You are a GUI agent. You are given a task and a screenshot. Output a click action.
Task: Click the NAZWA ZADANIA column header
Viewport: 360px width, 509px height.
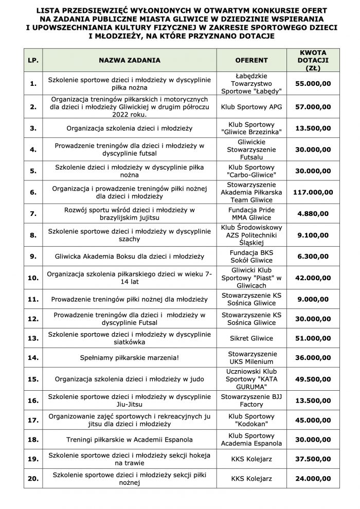click(x=130, y=60)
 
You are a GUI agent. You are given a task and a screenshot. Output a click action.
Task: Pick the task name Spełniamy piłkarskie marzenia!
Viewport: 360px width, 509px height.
click(x=130, y=357)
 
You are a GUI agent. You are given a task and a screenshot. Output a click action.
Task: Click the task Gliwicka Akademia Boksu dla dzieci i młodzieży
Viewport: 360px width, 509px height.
click(x=130, y=256)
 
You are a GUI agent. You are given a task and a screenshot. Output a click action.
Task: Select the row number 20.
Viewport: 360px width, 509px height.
click(x=33, y=478)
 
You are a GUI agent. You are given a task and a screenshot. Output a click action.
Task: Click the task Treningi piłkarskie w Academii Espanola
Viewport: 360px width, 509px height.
click(x=130, y=440)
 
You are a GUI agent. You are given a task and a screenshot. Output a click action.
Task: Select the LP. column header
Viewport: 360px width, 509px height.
click(x=33, y=60)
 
